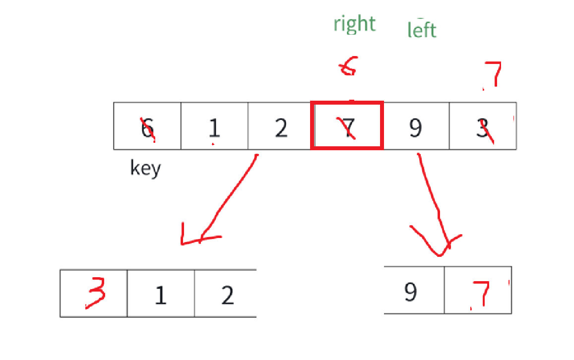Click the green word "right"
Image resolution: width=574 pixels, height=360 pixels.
click(x=354, y=24)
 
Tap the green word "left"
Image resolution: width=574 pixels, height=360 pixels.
click(x=422, y=30)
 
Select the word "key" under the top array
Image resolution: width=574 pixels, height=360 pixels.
click(x=145, y=168)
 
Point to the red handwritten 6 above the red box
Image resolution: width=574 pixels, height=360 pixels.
click(x=347, y=68)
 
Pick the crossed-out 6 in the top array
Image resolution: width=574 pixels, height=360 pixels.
click(x=147, y=128)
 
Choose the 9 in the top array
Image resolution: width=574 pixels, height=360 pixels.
click(x=415, y=127)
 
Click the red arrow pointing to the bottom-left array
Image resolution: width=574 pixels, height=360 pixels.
click(x=223, y=198)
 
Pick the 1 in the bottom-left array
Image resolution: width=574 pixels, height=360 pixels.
click(x=160, y=295)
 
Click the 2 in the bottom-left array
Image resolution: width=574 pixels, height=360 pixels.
click(x=227, y=295)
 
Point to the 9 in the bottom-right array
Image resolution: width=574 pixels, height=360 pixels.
click(x=410, y=292)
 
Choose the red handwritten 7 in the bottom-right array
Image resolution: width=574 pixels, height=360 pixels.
click(x=480, y=294)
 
